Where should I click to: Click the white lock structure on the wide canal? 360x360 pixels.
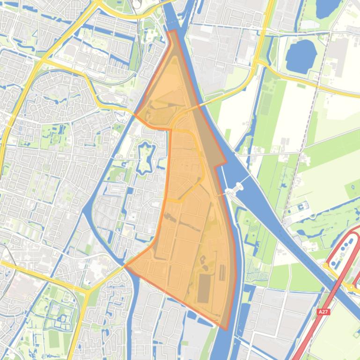pos(235,189)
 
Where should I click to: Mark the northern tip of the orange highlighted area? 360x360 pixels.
pos(173,31)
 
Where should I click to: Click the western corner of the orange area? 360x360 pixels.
pos(125,266)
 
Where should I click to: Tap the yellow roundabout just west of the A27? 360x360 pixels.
pos(326,266)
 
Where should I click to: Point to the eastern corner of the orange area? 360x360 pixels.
pos(226,164)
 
